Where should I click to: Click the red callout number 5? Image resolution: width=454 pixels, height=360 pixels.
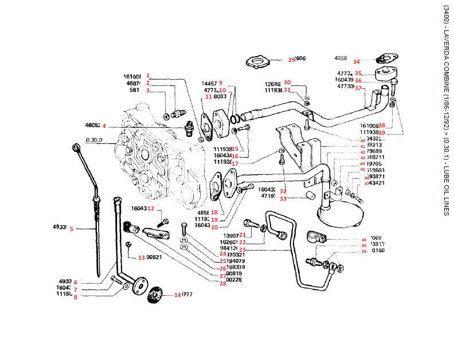(x=72, y=229)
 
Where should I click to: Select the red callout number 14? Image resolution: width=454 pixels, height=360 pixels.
(x=178, y=295)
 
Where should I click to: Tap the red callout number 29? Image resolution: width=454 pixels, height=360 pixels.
(x=291, y=60)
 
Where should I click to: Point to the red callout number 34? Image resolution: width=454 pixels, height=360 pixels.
(x=357, y=61)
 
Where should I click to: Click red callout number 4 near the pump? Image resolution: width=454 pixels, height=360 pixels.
(x=104, y=126)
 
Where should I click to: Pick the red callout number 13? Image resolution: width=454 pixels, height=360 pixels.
(x=140, y=259)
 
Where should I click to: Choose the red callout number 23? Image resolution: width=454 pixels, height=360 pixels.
(x=242, y=250)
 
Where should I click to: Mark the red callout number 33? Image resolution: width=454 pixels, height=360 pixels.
(x=283, y=199)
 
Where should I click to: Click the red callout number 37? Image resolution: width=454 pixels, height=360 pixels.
(x=358, y=88)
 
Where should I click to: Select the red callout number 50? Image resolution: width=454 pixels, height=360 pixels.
(x=363, y=251)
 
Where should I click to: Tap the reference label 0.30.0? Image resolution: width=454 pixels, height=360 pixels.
(x=93, y=139)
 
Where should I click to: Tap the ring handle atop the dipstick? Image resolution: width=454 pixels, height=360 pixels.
(x=76, y=148)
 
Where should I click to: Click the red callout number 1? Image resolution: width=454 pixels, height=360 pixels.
(x=147, y=75)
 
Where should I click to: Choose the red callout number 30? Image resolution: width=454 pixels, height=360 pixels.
(x=287, y=82)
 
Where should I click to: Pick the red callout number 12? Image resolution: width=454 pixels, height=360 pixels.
(x=151, y=208)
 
